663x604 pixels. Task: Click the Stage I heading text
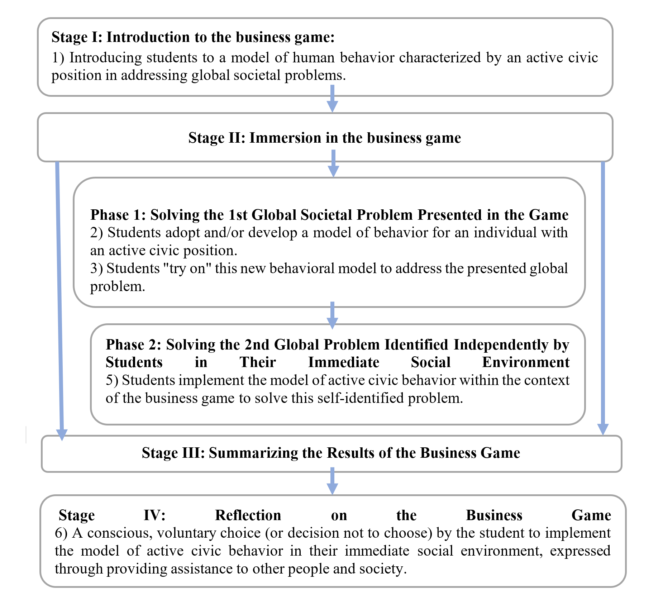point(193,37)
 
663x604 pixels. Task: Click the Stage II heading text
point(324,138)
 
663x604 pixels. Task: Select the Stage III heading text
point(330,453)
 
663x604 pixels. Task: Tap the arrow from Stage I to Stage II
point(333,99)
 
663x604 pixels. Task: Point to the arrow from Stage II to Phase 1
point(334,163)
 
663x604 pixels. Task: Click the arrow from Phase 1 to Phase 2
point(333,315)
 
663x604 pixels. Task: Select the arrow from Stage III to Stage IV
point(333,481)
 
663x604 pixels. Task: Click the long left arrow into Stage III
point(60,301)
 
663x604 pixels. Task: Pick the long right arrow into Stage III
point(603,298)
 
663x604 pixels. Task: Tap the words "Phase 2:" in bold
point(134,345)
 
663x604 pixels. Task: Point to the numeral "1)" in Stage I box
point(58,58)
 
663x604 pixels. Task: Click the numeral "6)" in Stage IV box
point(61,533)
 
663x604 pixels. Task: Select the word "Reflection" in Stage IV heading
point(248,515)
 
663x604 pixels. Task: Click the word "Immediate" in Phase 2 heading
point(343,362)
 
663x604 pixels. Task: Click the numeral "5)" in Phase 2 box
point(112,380)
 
